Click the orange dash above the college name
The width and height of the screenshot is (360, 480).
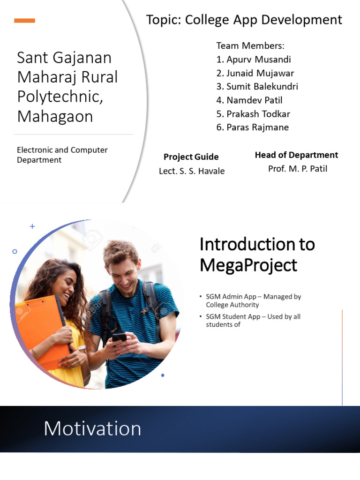(x=25, y=21)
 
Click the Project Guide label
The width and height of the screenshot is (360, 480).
(x=191, y=157)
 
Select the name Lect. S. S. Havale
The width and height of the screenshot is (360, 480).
(x=192, y=171)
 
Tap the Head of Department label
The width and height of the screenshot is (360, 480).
(x=296, y=155)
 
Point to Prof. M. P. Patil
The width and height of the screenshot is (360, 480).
(x=297, y=169)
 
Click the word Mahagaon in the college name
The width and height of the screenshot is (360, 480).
(x=55, y=116)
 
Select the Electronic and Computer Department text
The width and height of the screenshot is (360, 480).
(x=62, y=155)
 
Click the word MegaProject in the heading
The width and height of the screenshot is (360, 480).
(x=248, y=265)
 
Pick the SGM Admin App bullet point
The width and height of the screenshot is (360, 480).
(x=253, y=300)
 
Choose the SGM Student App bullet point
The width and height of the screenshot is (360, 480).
(x=253, y=320)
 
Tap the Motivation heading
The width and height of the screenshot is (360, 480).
(x=92, y=428)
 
